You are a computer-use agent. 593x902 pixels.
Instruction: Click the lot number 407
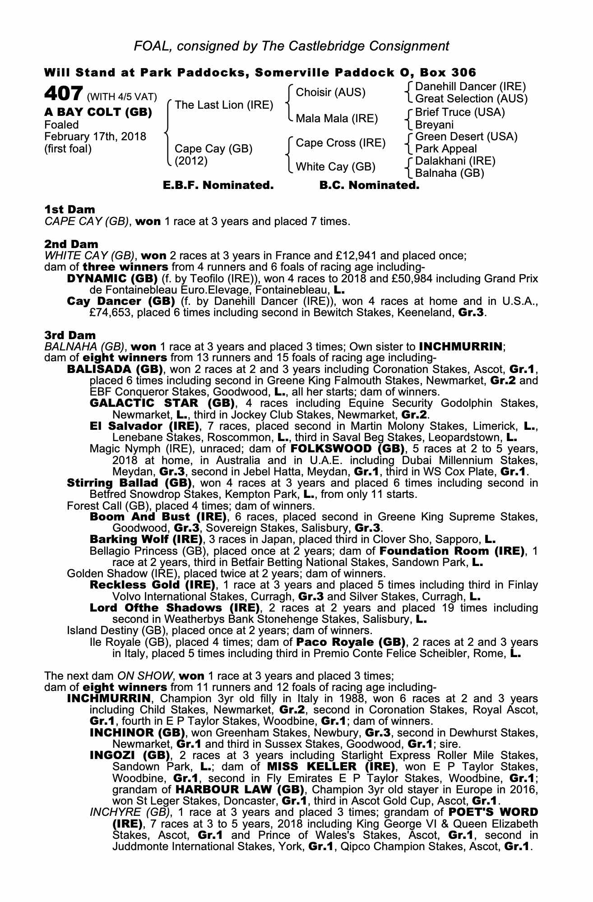tap(63, 94)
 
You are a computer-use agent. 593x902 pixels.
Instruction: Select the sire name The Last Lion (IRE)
tap(224, 105)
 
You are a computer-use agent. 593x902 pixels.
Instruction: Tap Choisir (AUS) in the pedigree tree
tap(330, 92)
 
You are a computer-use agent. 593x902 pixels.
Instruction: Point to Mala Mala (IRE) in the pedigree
tap(336, 119)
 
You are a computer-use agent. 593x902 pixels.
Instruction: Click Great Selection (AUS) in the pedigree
tap(471, 98)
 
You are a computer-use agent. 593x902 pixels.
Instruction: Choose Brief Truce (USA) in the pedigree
tap(460, 112)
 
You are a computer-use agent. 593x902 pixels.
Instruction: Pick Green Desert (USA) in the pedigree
tap(466, 137)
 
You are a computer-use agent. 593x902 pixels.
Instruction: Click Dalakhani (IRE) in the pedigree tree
tap(455, 161)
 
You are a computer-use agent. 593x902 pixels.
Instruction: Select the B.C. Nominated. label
tap(369, 185)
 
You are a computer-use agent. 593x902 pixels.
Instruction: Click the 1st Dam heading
tap(69, 209)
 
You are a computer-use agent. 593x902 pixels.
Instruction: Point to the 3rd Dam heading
tap(70, 335)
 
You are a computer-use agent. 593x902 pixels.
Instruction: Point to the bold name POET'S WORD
tap(493, 812)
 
